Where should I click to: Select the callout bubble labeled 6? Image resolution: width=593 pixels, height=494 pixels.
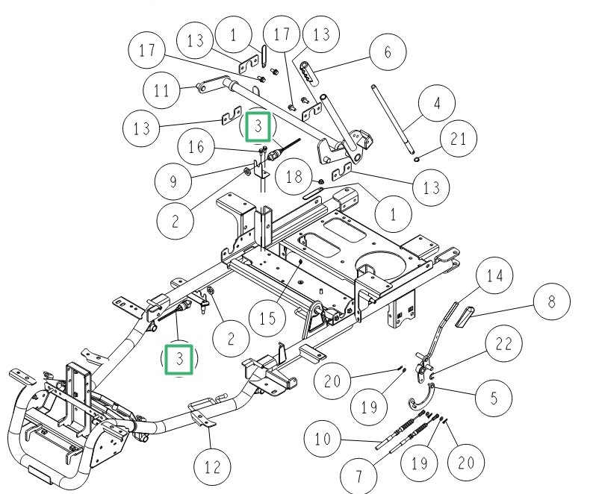(387, 52)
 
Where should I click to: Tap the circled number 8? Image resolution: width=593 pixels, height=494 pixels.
(551, 301)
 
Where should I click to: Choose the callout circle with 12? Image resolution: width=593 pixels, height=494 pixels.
(213, 468)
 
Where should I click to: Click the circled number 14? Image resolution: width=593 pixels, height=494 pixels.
(494, 275)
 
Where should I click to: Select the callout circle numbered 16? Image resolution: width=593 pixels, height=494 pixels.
(196, 148)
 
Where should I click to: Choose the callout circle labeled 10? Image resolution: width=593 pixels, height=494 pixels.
(323, 438)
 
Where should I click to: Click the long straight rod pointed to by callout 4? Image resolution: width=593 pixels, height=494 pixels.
(391, 119)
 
